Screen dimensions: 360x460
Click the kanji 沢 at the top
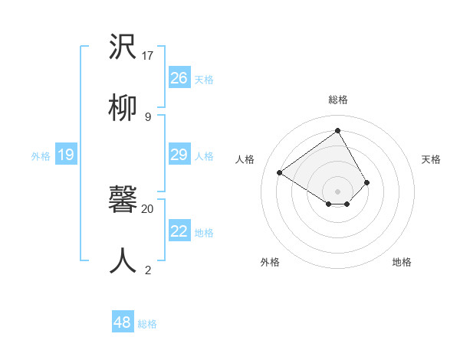pyautogui.click(x=122, y=48)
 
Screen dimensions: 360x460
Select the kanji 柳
pyautogui.click(x=122, y=109)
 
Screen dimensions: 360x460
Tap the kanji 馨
pyautogui.click(x=122, y=201)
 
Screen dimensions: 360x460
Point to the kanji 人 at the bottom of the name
pyautogui.click(x=122, y=261)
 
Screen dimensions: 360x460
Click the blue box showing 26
pyautogui.click(x=179, y=78)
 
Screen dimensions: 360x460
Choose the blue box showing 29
pyautogui.click(x=179, y=155)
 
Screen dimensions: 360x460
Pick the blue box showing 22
pyautogui.click(x=179, y=231)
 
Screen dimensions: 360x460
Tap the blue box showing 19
pyautogui.click(x=65, y=155)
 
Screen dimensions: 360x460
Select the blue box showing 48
pyautogui.click(x=122, y=322)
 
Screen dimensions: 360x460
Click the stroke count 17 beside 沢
pyautogui.click(x=148, y=56)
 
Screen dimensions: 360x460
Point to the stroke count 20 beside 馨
pyautogui.click(x=148, y=208)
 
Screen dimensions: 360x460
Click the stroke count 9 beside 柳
pyautogui.click(x=148, y=116)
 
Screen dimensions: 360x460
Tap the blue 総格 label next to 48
pyautogui.click(x=147, y=324)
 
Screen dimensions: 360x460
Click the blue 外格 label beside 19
pyautogui.click(x=41, y=156)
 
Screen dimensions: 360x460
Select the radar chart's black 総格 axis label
pyautogui.click(x=337, y=100)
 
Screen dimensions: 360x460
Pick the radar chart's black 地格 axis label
pyautogui.click(x=402, y=262)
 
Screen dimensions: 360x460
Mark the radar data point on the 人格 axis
pyautogui.click(x=280, y=172)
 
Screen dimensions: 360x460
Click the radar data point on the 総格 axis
pyautogui.click(x=337, y=130)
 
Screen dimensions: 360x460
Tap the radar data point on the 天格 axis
pyautogui.click(x=367, y=182)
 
